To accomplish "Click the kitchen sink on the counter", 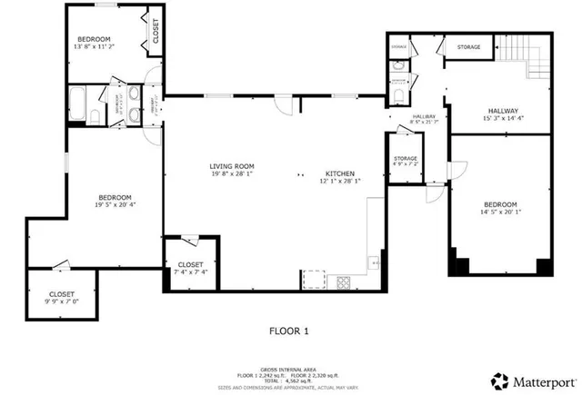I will click(373, 263).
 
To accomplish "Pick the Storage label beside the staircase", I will click(468, 46).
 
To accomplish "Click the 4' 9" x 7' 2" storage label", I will click(406, 161).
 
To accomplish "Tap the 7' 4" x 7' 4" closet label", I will click(191, 268).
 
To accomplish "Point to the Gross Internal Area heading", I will click(291, 369).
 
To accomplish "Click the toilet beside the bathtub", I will click(94, 114).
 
